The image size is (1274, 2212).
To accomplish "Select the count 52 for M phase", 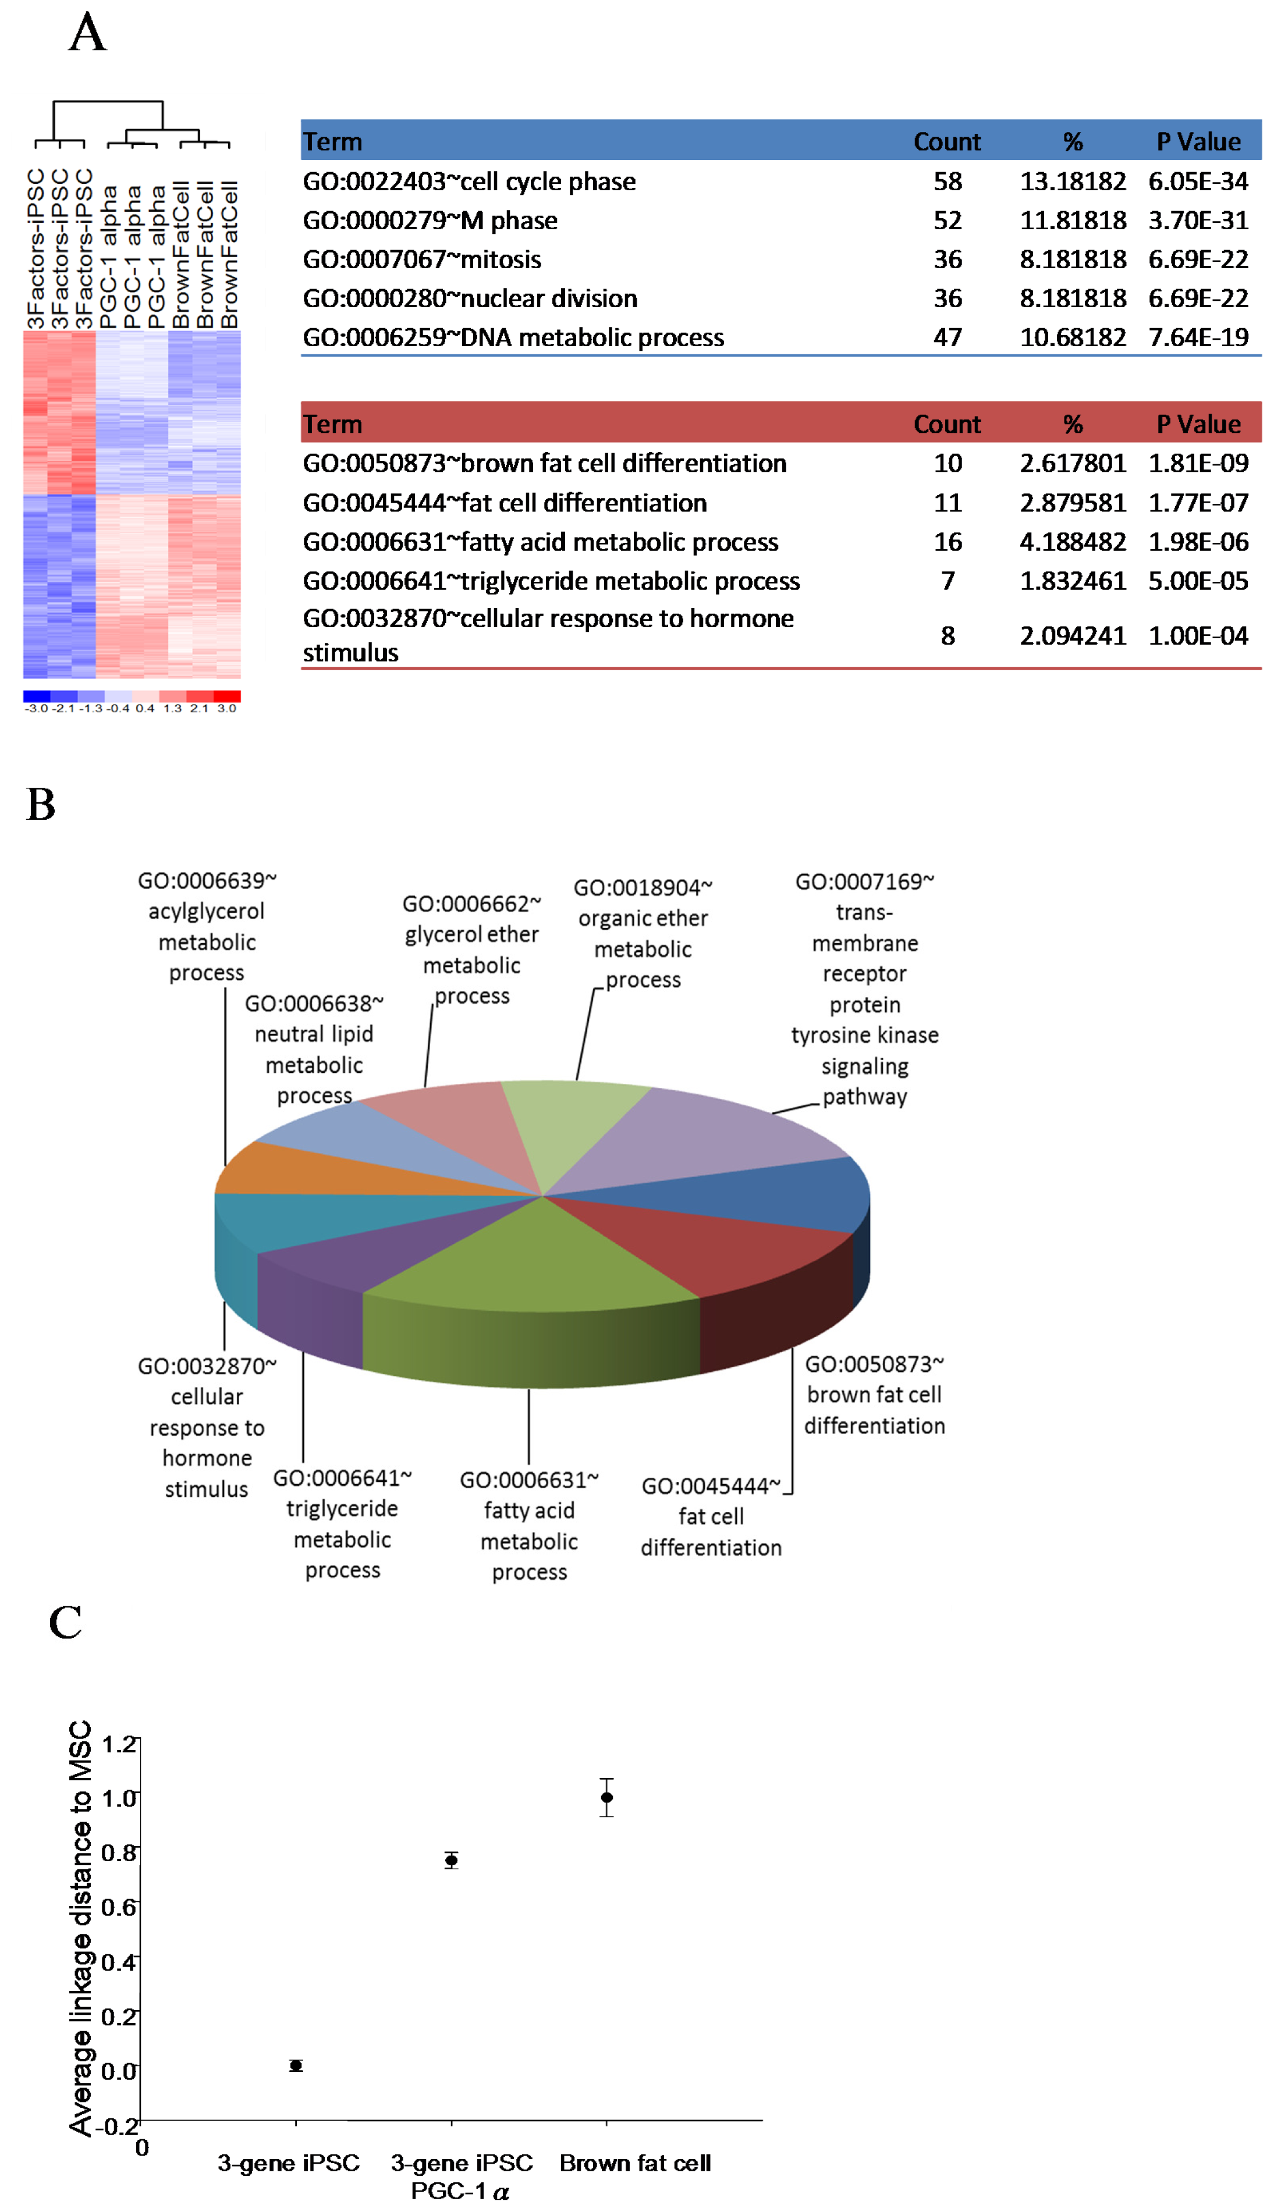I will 947,221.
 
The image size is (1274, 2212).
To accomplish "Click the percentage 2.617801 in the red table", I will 1072,464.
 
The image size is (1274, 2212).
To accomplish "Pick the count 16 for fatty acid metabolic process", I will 947,542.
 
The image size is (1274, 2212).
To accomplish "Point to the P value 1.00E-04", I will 1197,636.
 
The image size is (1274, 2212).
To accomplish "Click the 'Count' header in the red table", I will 947,424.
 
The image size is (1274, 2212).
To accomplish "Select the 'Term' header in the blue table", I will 332,142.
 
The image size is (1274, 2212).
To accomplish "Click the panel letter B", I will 41,804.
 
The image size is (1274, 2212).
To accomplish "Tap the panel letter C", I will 66,1623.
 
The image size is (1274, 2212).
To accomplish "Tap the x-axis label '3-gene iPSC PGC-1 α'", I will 461,2176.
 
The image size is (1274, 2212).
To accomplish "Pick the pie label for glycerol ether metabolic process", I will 471,950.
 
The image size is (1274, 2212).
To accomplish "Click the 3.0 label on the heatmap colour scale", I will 226,709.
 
